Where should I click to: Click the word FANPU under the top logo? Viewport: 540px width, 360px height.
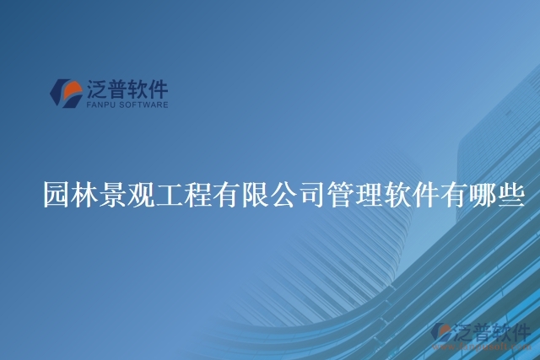tap(100, 105)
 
